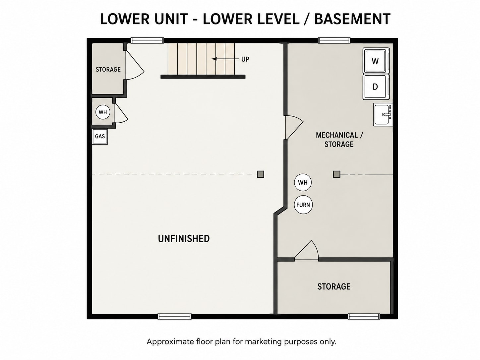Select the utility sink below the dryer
pyautogui.click(x=383, y=115)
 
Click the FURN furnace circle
pyautogui.click(x=303, y=205)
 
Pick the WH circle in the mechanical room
pyautogui.click(x=303, y=182)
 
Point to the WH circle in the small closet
pyautogui.click(x=102, y=112)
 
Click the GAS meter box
pyautogui.click(x=100, y=136)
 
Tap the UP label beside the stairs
pyautogui.click(x=245, y=59)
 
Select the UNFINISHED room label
pyautogui.click(x=184, y=238)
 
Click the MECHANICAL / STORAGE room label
pyautogui.click(x=339, y=140)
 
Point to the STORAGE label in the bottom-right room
pyautogui.click(x=334, y=286)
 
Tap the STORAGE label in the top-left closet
pyautogui.click(x=108, y=70)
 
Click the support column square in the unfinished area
pyautogui.click(x=260, y=174)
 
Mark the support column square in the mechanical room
pyautogui.click(x=336, y=174)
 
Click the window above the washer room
pyautogui.click(x=334, y=40)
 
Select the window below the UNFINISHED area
pyautogui.click(x=174, y=316)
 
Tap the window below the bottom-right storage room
pyautogui.click(x=364, y=316)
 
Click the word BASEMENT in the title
pyautogui.click(x=352, y=19)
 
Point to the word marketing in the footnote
pyautogui.click(x=263, y=341)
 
